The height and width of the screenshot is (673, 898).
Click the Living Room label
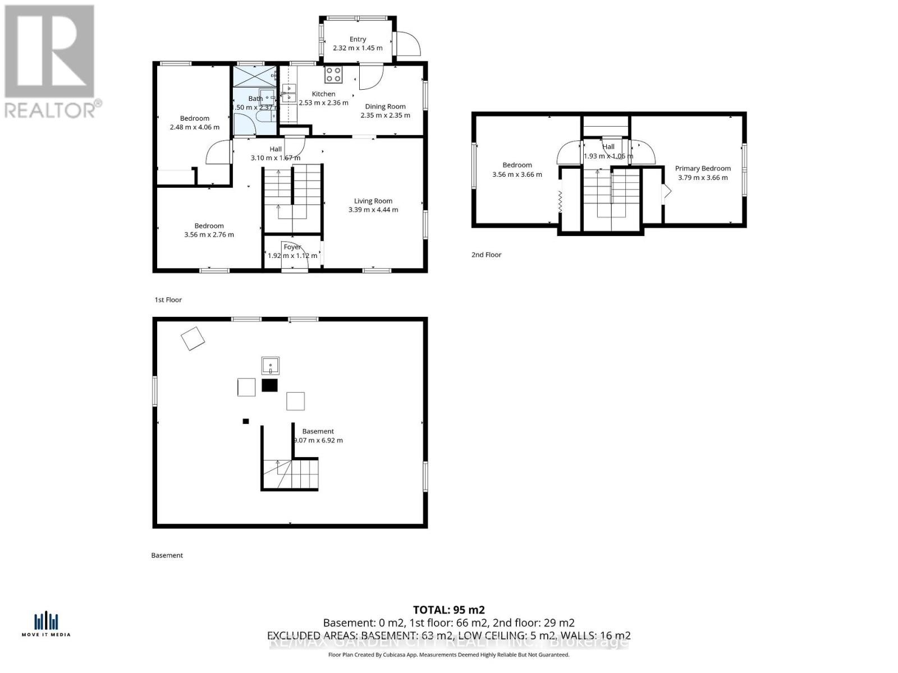point(373,201)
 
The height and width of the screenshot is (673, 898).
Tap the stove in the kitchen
point(333,75)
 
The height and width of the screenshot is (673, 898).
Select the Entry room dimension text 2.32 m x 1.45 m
point(358,48)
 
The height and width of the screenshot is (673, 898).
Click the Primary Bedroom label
point(703,168)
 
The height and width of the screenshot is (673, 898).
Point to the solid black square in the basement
point(270,385)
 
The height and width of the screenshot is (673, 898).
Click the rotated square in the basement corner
point(193,339)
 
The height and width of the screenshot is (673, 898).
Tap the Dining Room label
point(385,107)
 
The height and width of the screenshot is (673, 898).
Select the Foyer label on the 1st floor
point(292,247)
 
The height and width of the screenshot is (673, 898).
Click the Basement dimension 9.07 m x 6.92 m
point(318,440)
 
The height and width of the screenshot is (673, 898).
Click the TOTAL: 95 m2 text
point(448,610)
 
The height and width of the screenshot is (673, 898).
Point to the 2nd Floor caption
point(486,255)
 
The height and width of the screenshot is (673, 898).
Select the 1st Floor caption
point(168,300)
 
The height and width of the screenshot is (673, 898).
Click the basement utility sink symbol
point(271,366)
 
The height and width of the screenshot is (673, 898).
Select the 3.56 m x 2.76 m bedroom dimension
point(209,235)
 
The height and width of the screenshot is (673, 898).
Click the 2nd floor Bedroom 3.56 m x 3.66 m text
point(517,174)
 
